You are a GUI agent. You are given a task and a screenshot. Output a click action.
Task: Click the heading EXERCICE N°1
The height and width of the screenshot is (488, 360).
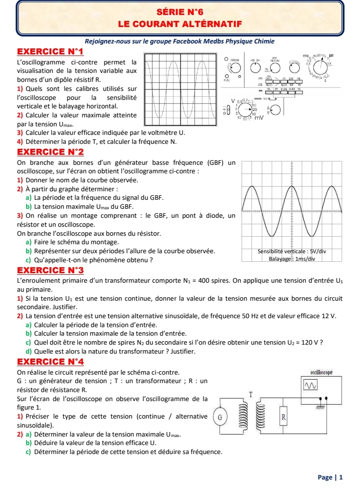point(50,51)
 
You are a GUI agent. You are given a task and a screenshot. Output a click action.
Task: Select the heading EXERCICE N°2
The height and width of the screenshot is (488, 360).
point(50,151)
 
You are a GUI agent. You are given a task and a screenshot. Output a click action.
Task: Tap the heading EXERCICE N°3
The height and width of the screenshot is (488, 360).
point(50,270)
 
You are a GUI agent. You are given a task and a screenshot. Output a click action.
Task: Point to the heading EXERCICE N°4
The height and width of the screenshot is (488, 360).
point(50,361)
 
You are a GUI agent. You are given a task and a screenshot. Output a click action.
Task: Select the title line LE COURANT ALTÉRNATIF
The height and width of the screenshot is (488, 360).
point(179,23)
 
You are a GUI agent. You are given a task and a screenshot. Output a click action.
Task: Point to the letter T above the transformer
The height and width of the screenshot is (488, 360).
point(251,395)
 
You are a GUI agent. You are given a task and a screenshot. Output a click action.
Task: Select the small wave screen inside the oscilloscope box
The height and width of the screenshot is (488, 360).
point(311,385)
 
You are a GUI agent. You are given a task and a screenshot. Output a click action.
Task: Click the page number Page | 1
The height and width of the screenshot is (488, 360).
point(330,477)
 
